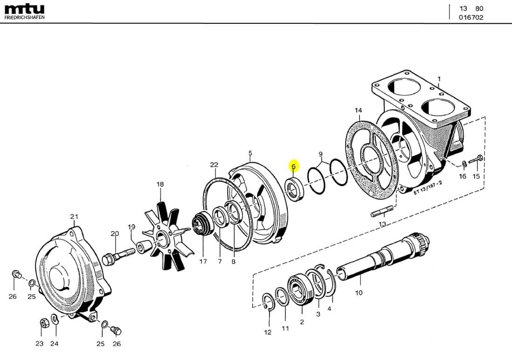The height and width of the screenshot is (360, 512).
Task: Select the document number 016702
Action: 471,18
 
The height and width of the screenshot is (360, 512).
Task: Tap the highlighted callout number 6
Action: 293,166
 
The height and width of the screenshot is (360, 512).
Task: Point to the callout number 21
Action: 74,216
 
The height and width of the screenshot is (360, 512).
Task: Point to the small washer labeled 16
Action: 464,163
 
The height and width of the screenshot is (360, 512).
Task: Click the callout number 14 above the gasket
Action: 358,111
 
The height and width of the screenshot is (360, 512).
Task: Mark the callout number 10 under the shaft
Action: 359,293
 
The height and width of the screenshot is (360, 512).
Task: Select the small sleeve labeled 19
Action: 142,245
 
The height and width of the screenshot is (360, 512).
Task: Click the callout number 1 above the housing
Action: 438,79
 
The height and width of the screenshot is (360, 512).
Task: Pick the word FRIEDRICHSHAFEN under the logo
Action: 25,18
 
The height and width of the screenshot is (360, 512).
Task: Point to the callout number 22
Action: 214,165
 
